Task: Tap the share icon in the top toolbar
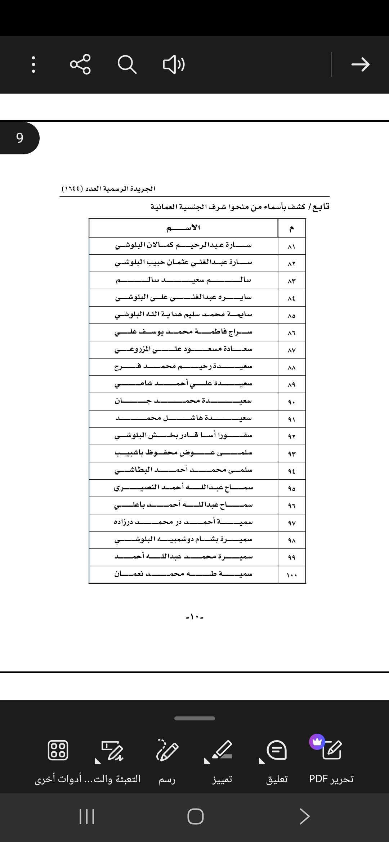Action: [x=80, y=64]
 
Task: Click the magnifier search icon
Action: [x=127, y=64]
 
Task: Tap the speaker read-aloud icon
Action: [x=174, y=64]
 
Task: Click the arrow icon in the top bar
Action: [x=360, y=64]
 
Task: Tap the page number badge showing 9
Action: [x=19, y=138]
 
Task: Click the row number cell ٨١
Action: [x=292, y=246]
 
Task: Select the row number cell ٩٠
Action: [x=292, y=402]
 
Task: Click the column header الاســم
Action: [x=183, y=228]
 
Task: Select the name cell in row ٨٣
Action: [x=183, y=280]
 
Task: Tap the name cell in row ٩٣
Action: [x=183, y=453]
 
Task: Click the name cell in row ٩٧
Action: [x=183, y=522]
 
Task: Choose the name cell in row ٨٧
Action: [x=183, y=349]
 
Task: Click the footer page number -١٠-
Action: [x=194, y=617]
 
